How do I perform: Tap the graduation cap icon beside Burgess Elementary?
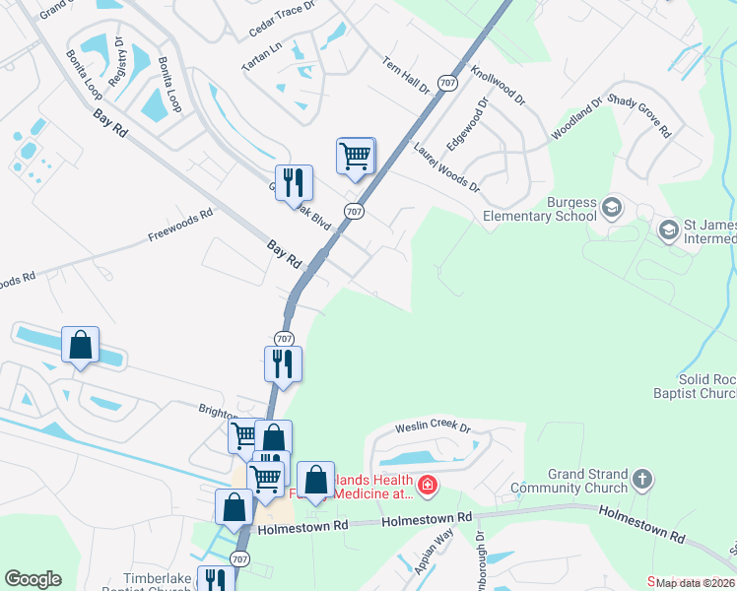click(x=612, y=207)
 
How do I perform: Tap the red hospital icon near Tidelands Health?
click(x=427, y=484)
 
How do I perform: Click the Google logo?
click(x=33, y=579)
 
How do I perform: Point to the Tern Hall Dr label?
click(x=407, y=74)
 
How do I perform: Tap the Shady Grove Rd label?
click(x=639, y=116)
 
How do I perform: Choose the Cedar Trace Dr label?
click(x=281, y=19)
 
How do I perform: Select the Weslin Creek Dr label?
click(x=434, y=427)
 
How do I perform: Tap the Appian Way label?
click(x=434, y=552)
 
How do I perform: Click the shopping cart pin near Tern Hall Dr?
click(x=355, y=156)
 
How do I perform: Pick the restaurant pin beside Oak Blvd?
click(x=293, y=183)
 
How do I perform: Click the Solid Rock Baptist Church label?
click(x=706, y=386)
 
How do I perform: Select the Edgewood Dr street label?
click(x=467, y=123)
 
